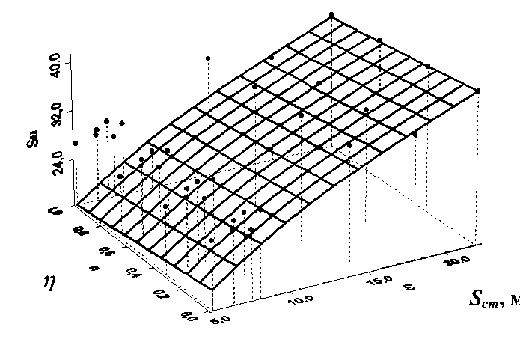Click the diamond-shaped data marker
(122, 123)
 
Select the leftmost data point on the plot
(76, 143)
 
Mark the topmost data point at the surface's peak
(331, 14)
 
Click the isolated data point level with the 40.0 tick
(208, 58)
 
